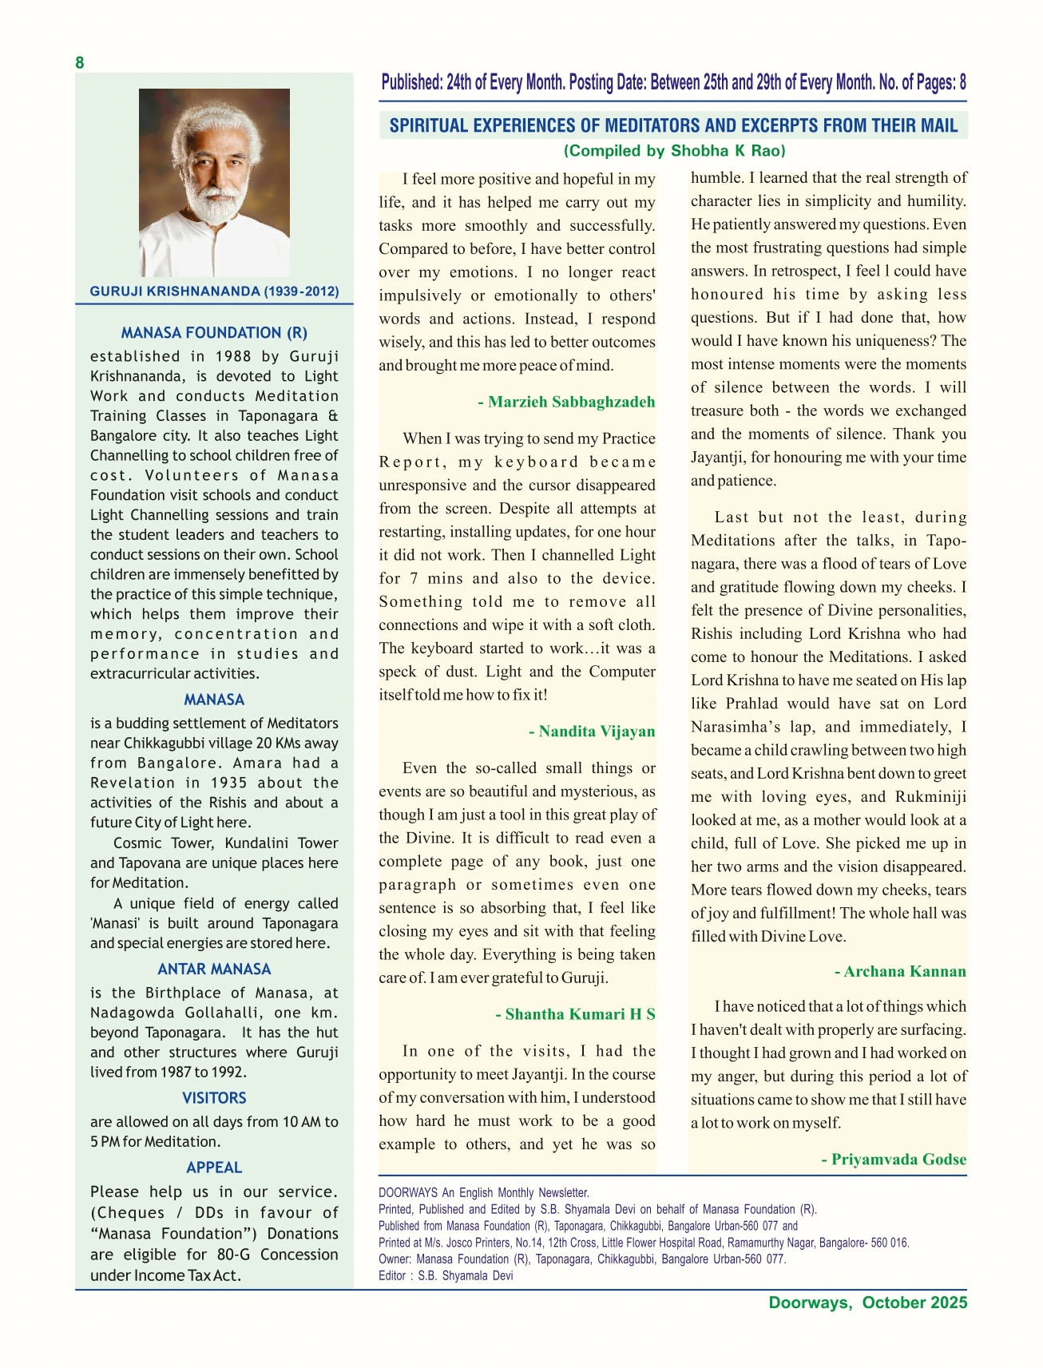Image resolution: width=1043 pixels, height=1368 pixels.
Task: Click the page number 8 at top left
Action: tap(80, 63)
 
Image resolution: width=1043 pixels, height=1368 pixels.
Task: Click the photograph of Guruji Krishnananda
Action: tap(214, 182)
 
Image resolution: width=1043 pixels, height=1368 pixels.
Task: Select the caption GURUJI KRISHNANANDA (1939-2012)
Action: tap(214, 291)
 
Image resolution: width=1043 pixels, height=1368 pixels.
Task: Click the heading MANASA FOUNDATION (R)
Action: tap(214, 333)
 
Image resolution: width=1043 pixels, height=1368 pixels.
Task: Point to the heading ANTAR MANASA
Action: tap(214, 969)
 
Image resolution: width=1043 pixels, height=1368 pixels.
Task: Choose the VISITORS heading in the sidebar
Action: tap(214, 1098)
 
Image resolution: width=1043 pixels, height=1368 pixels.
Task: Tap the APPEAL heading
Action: tap(214, 1168)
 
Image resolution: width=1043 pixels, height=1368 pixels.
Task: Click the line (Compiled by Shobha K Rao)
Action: tap(674, 151)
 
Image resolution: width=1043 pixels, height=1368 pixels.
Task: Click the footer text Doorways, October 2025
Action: tap(867, 1303)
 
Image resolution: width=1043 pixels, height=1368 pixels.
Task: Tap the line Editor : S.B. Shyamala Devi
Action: tap(446, 1275)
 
